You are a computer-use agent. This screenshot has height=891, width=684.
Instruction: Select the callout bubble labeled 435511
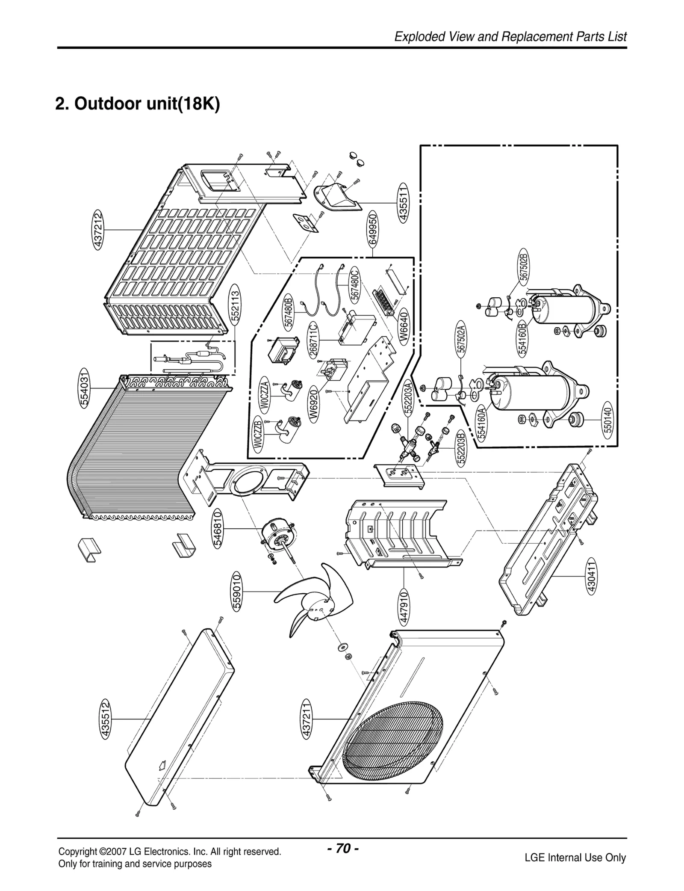(403, 202)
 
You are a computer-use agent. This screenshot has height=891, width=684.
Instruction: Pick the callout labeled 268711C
(313, 341)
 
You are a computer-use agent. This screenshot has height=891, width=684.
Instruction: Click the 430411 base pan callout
(591, 577)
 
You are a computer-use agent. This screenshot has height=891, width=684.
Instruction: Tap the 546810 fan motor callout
(218, 528)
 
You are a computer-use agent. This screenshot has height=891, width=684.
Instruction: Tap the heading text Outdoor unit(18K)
(138, 104)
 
